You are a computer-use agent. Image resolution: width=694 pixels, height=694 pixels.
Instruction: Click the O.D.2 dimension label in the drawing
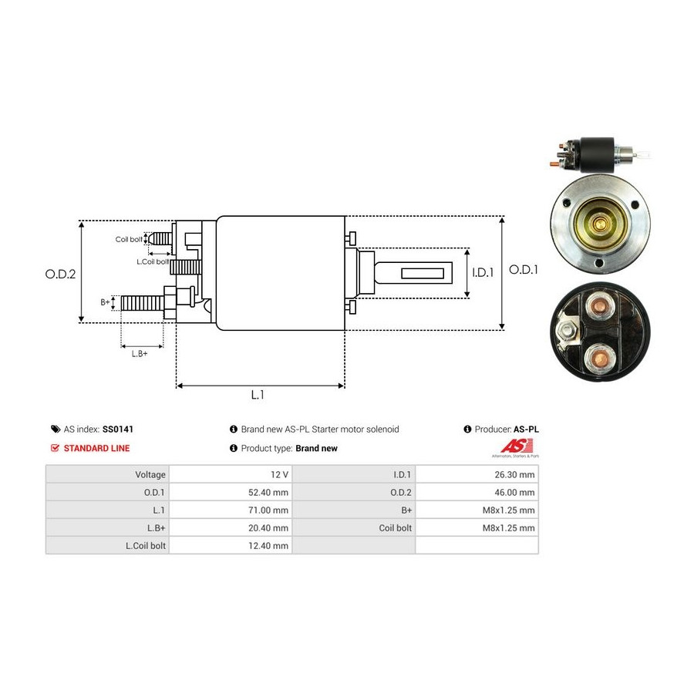(60, 274)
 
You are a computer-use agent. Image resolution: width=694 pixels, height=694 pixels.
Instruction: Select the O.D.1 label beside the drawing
(523, 270)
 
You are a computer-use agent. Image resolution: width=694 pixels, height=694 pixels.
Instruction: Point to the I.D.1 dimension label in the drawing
(483, 272)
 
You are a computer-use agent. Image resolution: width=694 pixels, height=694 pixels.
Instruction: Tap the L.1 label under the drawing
(258, 394)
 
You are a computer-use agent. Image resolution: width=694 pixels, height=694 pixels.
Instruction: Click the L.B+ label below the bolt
(140, 354)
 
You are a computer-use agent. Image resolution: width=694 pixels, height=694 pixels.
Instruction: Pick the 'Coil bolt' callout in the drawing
(129, 240)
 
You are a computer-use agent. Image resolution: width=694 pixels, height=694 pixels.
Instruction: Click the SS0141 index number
(118, 429)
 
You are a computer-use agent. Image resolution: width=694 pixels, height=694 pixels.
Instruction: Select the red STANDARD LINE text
(96, 448)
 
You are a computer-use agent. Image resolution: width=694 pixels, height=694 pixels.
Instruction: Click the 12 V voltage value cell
(231, 474)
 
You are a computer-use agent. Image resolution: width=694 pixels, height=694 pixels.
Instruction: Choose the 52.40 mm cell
(231, 492)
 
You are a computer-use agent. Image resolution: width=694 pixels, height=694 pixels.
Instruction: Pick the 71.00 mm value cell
(231, 510)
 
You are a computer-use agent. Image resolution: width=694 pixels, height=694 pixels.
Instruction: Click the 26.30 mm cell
(477, 474)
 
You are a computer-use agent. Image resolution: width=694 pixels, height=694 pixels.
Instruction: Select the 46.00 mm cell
(477, 492)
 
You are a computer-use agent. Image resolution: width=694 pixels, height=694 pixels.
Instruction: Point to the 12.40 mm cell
(231, 545)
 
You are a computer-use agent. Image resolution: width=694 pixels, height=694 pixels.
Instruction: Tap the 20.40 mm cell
(231, 527)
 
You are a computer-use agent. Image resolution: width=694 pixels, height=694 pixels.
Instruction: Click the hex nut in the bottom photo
(567, 330)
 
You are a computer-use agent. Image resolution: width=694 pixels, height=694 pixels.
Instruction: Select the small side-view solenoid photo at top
(598, 154)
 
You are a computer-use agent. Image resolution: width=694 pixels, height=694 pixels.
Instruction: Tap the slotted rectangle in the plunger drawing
(423, 273)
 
